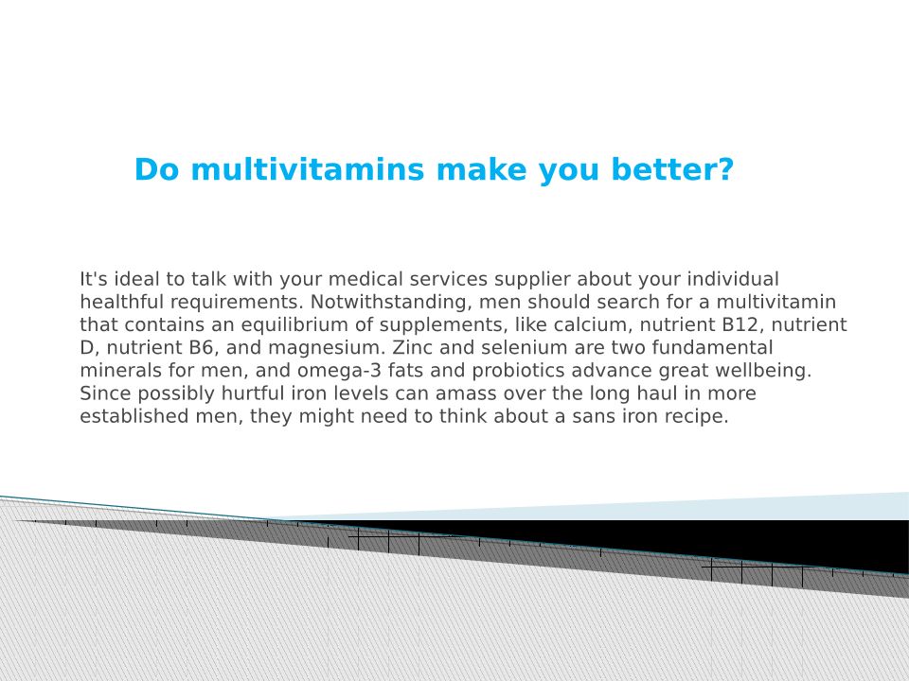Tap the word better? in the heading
tap(672, 169)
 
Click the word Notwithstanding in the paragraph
tap(391, 303)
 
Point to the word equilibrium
tap(295, 324)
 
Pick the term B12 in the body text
tap(740, 324)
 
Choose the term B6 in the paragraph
tap(201, 347)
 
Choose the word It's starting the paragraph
tap(94, 279)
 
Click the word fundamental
tap(712, 347)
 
